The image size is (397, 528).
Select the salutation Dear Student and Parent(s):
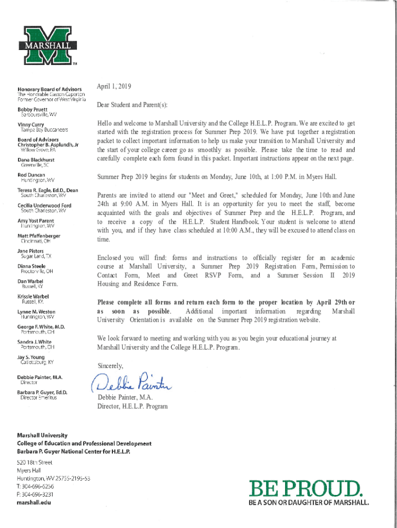(132, 105)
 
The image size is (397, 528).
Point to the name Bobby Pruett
(32, 110)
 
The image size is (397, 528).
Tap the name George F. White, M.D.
(41, 326)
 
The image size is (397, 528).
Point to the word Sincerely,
(110, 366)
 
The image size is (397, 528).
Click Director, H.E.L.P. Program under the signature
(133, 406)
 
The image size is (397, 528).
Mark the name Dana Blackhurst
(38, 160)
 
